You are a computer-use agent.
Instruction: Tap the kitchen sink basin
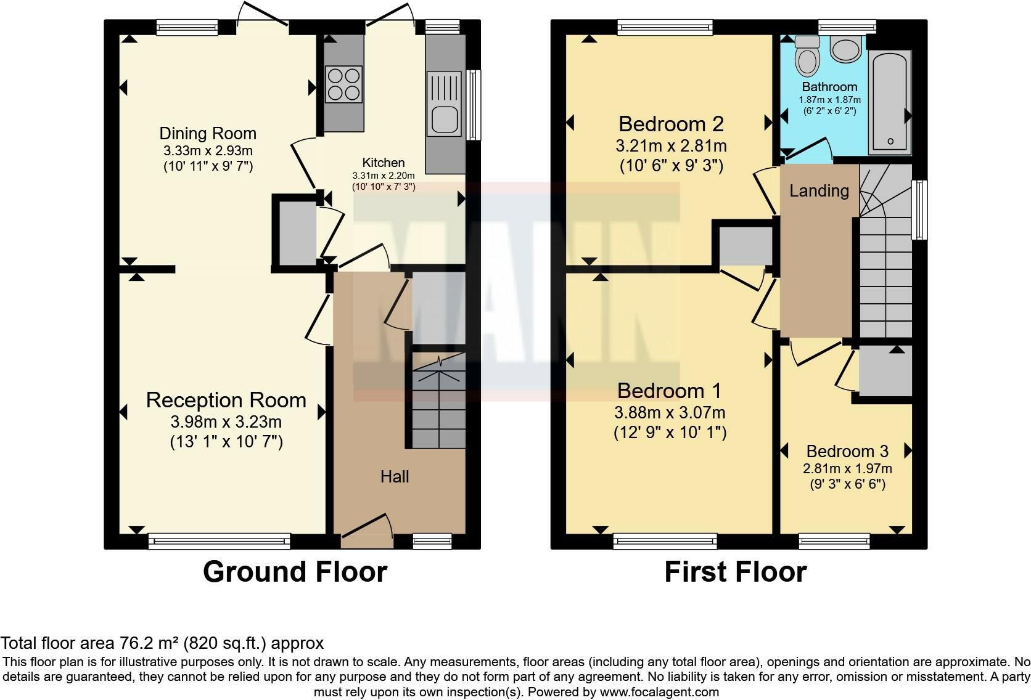click(x=444, y=120)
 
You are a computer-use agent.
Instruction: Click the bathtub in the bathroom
click(x=889, y=102)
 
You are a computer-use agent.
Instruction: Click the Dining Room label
click(x=208, y=134)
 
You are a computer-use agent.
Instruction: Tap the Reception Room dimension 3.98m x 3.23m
click(x=226, y=422)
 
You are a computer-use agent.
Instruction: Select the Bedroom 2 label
click(x=671, y=124)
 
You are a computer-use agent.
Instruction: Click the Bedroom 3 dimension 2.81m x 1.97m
click(x=847, y=468)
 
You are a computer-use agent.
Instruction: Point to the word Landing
click(x=819, y=191)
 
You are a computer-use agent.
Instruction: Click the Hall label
click(x=395, y=476)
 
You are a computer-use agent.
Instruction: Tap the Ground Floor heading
click(x=295, y=572)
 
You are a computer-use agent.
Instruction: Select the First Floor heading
click(x=735, y=572)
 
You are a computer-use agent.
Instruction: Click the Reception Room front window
click(x=219, y=541)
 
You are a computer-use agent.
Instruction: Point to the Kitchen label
click(x=384, y=163)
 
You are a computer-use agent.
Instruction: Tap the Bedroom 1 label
click(x=669, y=391)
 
